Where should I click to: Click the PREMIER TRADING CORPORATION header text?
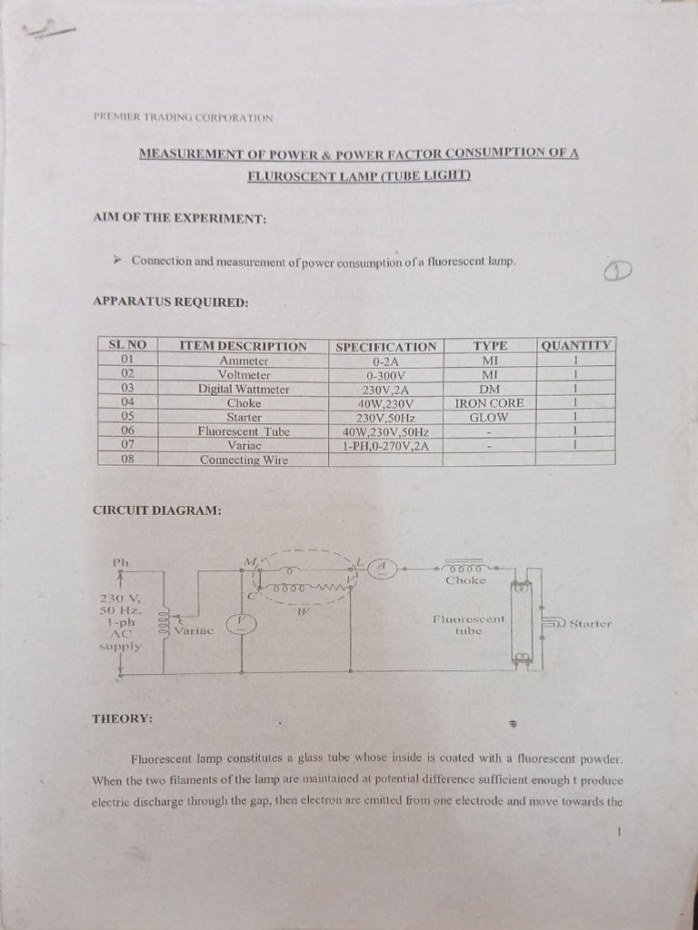[183, 117]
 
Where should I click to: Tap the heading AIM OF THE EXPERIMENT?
[180, 219]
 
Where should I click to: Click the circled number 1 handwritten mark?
[617, 271]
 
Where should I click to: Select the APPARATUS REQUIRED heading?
[171, 302]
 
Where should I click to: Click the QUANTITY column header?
[576, 345]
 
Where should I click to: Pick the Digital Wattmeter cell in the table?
[244, 389]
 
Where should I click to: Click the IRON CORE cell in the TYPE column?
[489, 402]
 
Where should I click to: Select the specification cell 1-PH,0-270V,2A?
[385, 446]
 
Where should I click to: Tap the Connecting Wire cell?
[244, 460]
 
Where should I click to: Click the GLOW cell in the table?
[489, 417]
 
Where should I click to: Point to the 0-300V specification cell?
[385, 374]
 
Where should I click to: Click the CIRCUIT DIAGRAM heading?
[157, 510]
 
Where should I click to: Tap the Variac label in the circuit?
[194, 629]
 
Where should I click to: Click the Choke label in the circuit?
[465, 579]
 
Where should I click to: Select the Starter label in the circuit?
[591, 624]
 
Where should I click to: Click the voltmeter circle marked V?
[241, 622]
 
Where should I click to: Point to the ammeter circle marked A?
[383, 568]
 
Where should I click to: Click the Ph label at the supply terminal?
[121, 562]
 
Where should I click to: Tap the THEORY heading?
[122, 718]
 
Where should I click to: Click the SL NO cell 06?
[127, 431]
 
